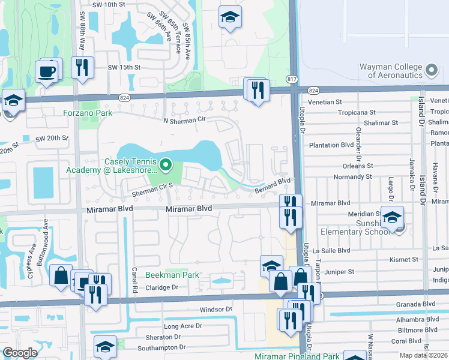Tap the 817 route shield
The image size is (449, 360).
pos(292,79)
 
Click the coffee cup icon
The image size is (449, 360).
pos(46,72)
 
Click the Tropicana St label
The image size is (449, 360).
pos(357,112)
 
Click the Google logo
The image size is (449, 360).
pos(20,352)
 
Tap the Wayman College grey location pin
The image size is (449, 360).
pos(430,71)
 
